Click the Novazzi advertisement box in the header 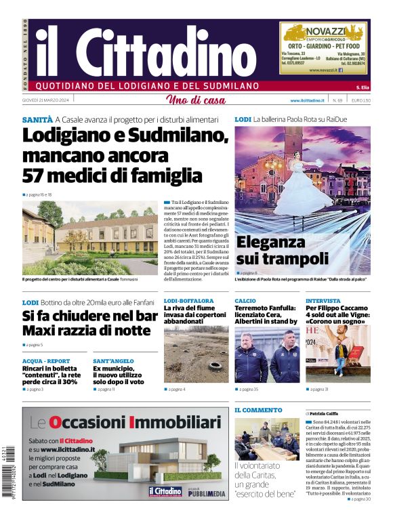[325, 49]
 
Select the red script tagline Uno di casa [195, 100]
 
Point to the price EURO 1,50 [361, 100]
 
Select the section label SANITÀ [37, 119]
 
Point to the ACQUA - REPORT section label [46, 361]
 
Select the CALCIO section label [245, 300]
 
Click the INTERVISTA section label [323, 300]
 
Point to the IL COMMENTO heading [258, 410]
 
